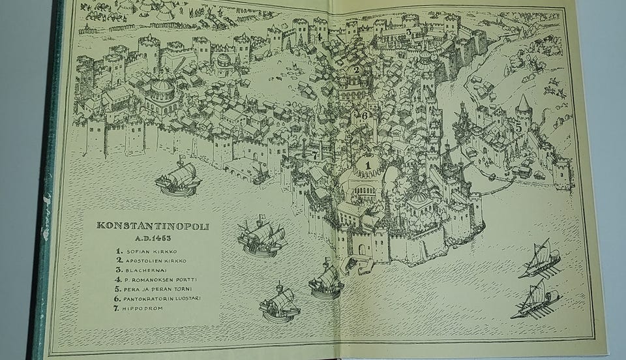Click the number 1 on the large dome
(367, 166)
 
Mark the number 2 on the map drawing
(356, 70)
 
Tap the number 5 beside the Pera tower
(518, 128)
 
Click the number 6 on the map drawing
(365, 115)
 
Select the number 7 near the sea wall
(315, 155)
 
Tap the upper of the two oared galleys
(539, 259)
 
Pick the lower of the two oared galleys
(535, 301)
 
